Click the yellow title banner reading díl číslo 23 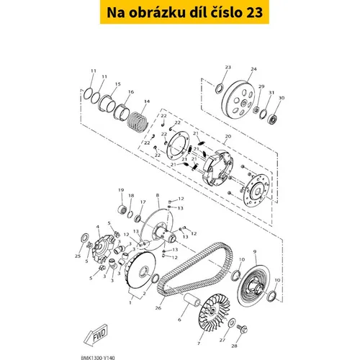(x=184, y=12)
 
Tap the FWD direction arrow (x=96, y=335)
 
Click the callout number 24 (x=253, y=69)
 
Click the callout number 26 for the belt (x=158, y=308)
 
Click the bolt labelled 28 (x=242, y=328)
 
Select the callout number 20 (x=228, y=136)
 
